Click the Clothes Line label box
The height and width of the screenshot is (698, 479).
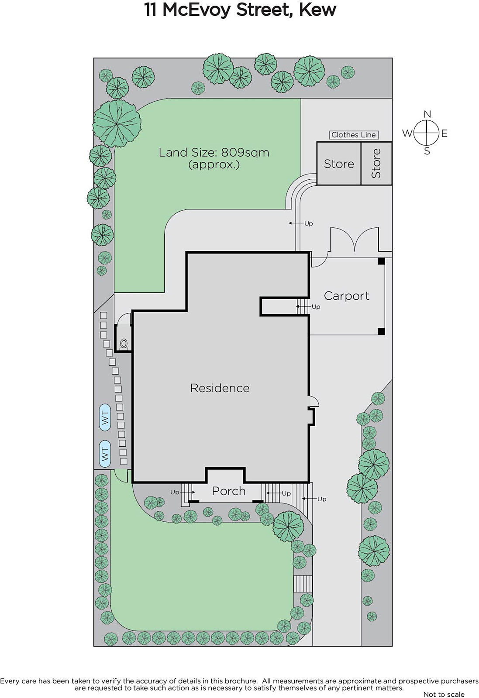pyautogui.click(x=354, y=135)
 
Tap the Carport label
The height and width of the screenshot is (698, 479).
pyautogui.click(x=346, y=296)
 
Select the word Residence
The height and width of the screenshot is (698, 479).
pyautogui.click(x=220, y=388)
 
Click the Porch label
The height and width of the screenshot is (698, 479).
pyautogui.click(x=229, y=491)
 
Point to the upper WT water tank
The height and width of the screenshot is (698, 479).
pyautogui.click(x=105, y=417)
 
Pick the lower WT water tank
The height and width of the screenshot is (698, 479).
pyautogui.click(x=105, y=454)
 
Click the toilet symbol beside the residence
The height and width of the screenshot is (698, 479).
pyautogui.click(x=124, y=343)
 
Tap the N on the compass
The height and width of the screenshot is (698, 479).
pyautogui.click(x=427, y=114)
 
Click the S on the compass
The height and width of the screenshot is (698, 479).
pyautogui.click(x=427, y=151)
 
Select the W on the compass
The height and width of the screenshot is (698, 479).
pyautogui.click(x=407, y=133)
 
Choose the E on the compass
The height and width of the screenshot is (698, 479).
pyautogui.click(x=445, y=133)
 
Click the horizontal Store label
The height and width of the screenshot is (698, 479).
pyautogui.click(x=339, y=164)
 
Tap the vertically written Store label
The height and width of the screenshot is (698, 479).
pyautogui.click(x=376, y=163)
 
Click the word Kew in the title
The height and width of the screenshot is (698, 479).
pyautogui.click(x=317, y=10)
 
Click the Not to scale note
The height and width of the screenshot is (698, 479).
pyautogui.click(x=444, y=694)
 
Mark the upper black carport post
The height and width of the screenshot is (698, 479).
pyautogui.click(x=381, y=261)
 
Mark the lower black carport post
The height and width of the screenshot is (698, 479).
pyautogui.click(x=381, y=331)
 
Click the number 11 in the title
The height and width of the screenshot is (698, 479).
pyautogui.click(x=150, y=10)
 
